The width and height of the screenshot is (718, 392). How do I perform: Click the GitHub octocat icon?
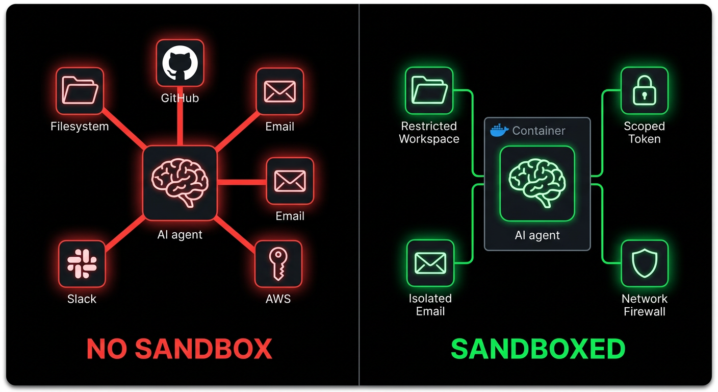[179, 63]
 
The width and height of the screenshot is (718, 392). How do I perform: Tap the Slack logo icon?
[82, 264]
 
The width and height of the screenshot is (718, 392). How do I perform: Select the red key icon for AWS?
[278, 264]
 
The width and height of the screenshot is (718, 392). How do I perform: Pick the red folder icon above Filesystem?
[80, 91]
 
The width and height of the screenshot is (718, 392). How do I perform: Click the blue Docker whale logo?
[499, 131]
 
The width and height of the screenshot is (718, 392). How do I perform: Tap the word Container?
[538, 131]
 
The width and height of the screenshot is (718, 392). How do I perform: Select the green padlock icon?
[644, 91]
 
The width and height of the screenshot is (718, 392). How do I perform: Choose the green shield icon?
[644, 264]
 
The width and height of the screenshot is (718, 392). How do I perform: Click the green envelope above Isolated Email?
[430, 263]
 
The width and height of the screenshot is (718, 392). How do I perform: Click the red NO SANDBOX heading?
[179, 350]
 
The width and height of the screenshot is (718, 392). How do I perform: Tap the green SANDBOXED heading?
[538, 350]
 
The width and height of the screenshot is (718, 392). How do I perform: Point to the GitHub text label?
[179, 98]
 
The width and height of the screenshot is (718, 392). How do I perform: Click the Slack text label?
[82, 299]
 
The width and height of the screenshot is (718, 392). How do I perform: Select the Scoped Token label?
[644, 133]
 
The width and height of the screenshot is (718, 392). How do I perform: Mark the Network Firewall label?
[644, 305]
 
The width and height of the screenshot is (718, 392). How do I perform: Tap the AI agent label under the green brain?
[537, 235]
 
